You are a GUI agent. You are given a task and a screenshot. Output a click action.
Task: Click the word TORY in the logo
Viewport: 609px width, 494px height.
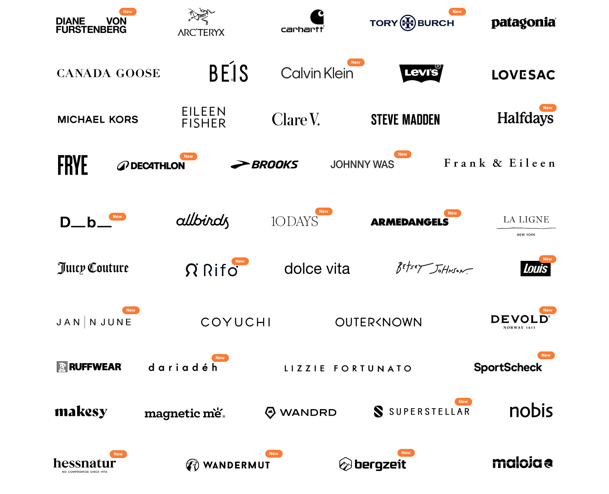[x=384, y=23]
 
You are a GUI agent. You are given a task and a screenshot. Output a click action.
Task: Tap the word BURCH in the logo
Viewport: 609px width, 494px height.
[x=436, y=23]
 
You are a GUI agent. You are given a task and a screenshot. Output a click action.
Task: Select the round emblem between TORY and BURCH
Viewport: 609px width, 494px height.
[x=408, y=23]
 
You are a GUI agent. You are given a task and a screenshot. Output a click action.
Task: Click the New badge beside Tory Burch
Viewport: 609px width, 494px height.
[x=457, y=12]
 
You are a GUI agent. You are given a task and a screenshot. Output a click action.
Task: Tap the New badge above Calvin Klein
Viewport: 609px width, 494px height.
[x=356, y=62]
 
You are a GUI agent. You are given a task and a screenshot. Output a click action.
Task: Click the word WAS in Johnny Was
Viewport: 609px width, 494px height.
[x=384, y=165]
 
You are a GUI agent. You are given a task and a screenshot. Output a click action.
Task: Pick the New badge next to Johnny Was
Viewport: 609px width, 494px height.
[x=403, y=154]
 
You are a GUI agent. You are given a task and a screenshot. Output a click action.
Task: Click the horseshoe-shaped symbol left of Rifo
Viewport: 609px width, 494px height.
[x=191, y=270]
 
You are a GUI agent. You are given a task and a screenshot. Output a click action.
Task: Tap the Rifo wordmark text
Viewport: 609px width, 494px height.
[x=221, y=270]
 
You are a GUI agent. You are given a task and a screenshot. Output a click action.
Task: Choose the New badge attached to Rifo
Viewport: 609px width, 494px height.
[x=240, y=261]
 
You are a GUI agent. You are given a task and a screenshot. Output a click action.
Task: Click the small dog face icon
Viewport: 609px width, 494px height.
[x=62, y=367]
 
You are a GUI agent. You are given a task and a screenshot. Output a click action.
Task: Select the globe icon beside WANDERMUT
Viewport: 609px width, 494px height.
[x=192, y=465]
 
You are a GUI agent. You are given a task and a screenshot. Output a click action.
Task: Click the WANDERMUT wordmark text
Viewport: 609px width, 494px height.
[x=236, y=465]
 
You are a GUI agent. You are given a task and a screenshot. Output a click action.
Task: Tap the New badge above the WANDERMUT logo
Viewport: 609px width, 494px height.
[x=274, y=454]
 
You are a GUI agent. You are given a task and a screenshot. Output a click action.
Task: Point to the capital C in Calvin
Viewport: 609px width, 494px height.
[x=286, y=73]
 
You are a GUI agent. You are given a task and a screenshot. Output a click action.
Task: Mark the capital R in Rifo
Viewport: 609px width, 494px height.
[x=208, y=270]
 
